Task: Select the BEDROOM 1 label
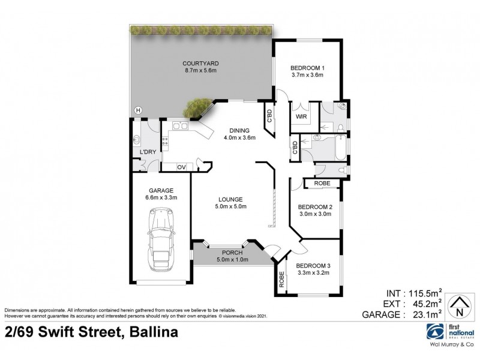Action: coord(307,67)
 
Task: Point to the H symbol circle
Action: coord(138,110)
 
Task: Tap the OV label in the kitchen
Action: coord(181,166)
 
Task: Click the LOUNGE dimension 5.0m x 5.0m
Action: coord(231,207)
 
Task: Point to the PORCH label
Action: coord(231,252)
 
